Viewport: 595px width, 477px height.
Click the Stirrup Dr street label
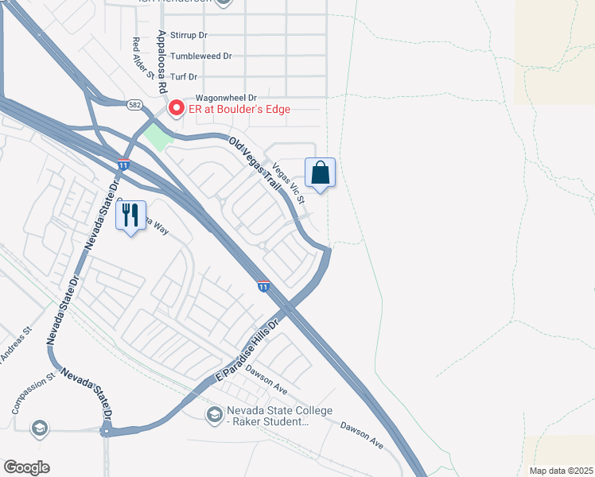189,36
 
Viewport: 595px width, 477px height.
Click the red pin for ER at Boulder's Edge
175,108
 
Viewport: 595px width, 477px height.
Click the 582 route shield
134,104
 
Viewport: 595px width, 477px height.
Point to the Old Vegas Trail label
255,162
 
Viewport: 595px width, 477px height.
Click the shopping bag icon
320,173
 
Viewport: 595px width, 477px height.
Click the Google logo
26,467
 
